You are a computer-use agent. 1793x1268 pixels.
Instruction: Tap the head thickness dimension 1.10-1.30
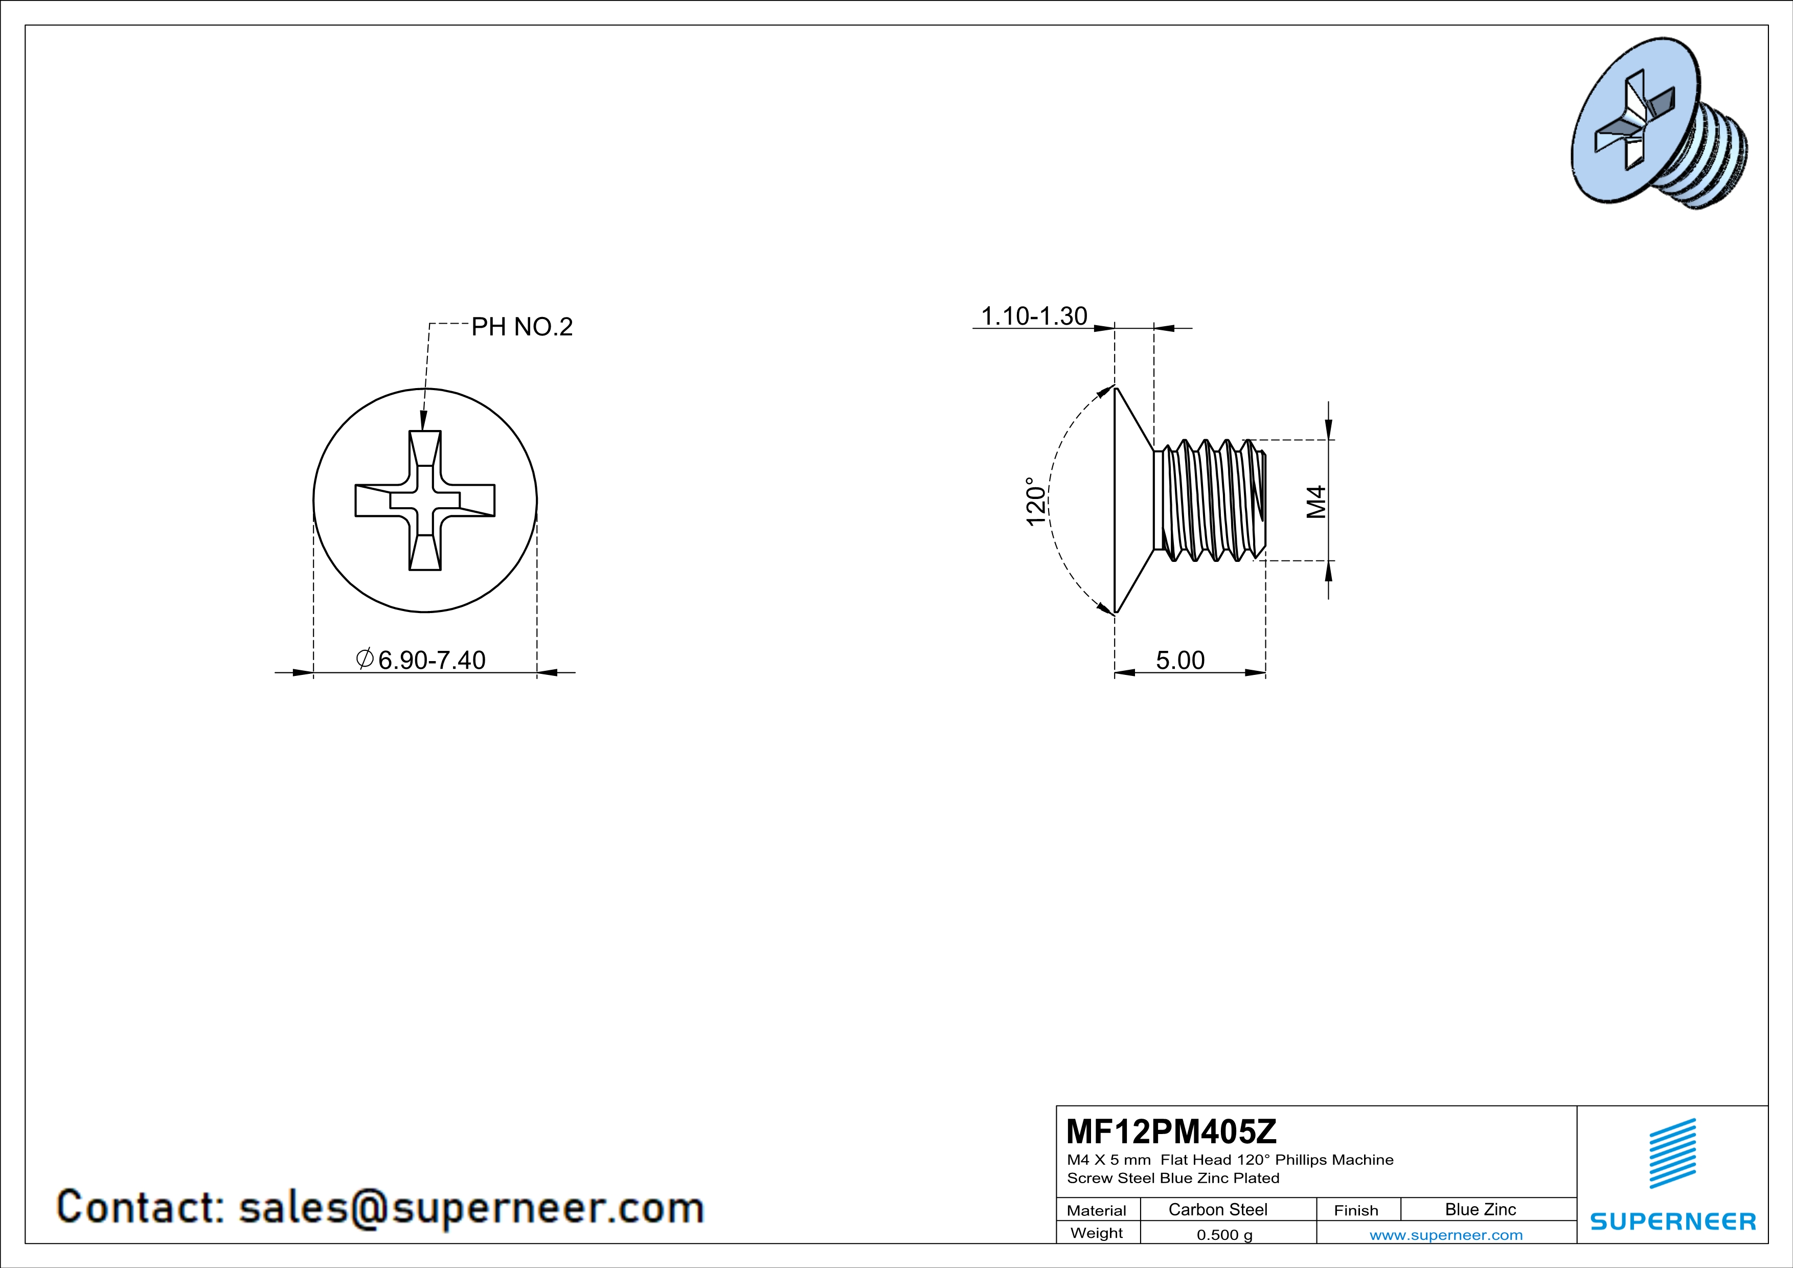(x=1033, y=316)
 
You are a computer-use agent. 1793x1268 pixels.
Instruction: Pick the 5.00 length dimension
(x=1180, y=661)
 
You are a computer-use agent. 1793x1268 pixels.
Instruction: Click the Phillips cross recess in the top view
(x=425, y=501)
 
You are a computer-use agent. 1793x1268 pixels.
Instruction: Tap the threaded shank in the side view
(x=1211, y=501)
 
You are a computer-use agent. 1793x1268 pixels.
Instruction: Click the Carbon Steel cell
(x=1217, y=1209)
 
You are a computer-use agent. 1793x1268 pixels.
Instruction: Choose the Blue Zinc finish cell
(x=1480, y=1209)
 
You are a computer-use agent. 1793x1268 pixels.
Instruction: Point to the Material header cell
(x=1097, y=1210)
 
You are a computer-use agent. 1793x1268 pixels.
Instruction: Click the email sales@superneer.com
(x=471, y=1207)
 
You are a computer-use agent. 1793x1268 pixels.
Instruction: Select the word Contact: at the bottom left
(x=141, y=1207)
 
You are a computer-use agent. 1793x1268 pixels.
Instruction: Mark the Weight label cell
(x=1097, y=1233)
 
